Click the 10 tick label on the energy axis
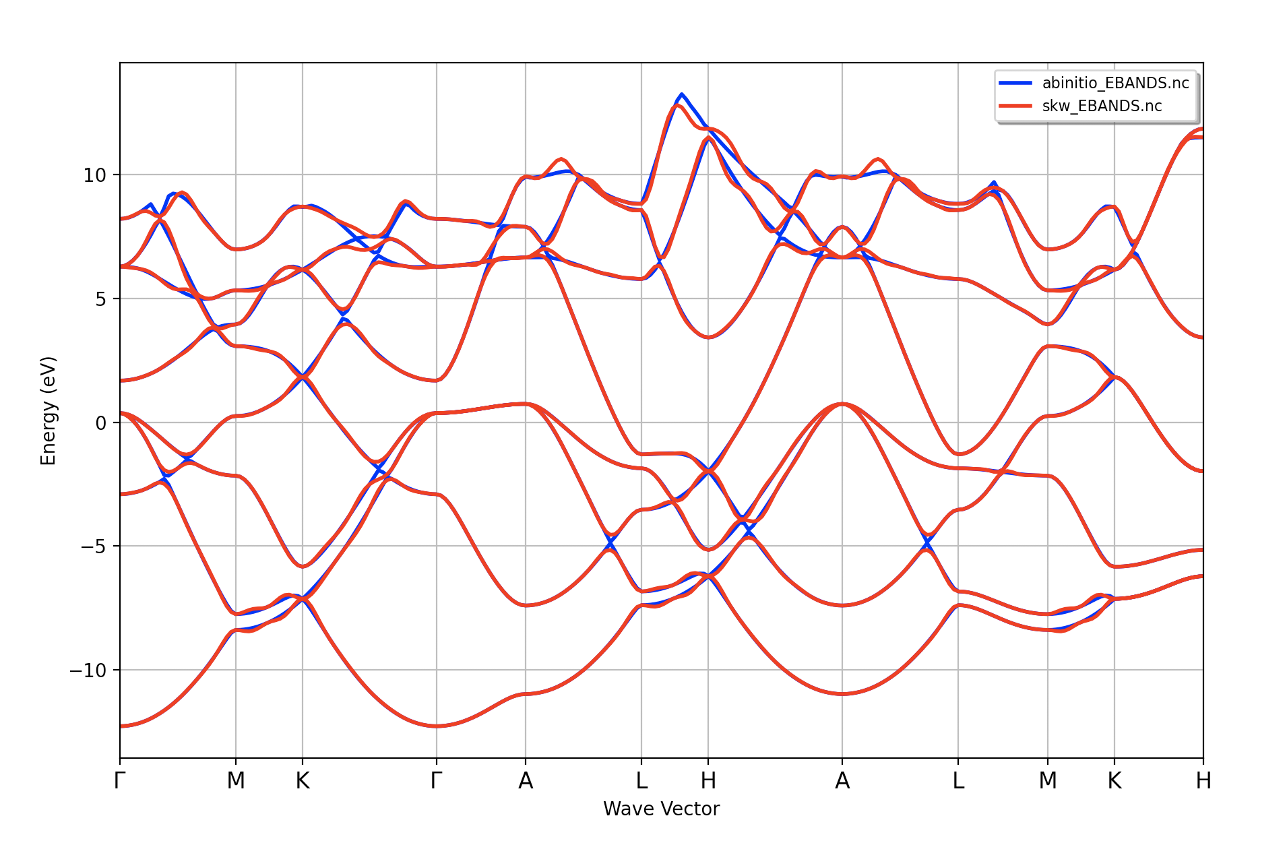coord(94,175)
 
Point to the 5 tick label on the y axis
coord(100,299)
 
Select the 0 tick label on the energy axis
coord(100,423)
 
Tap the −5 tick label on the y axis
coord(93,546)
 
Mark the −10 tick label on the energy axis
coord(88,670)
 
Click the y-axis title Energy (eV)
coord(49,411)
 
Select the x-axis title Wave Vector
coord(661,809)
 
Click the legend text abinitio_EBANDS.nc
coord(1115,83)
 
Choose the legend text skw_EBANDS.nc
coord(1102,106)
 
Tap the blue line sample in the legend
coord(1015,83)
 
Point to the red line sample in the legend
coord(1015,106)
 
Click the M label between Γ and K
coord(236,781)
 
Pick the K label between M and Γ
coord(303,781)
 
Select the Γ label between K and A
coord(437,781)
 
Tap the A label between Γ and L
coord(526,781)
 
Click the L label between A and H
coord(641,781)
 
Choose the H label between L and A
coord(708,781)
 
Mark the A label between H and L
coord(842,781)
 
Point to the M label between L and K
coord(1048,781)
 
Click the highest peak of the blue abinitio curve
coord(682,94)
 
